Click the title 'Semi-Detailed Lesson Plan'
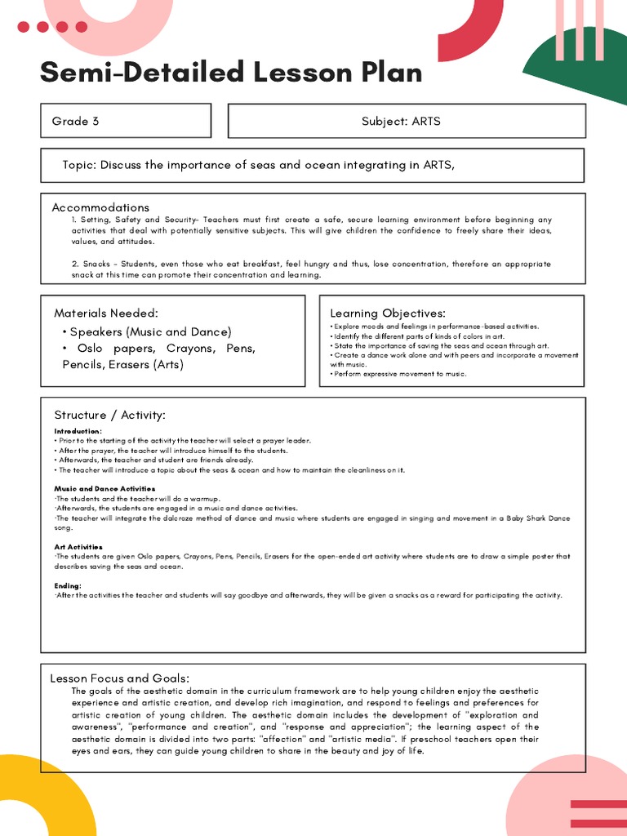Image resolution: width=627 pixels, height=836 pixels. pos(231,73)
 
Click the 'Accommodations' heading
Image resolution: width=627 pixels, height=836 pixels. pos(100,207)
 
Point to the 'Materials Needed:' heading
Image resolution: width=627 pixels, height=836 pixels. pos(106,313)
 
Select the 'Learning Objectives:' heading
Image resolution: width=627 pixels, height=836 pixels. pos(387,313)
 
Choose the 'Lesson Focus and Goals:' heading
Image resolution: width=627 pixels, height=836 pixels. pos(120,678)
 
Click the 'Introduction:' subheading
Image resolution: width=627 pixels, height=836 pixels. pos(78,431)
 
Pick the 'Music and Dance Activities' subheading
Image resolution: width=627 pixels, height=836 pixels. pos(104,488)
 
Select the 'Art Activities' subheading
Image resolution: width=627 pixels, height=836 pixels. pos(78,547)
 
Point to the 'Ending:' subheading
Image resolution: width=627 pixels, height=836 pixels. pos(68,585)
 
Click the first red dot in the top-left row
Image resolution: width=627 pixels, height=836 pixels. pos(23,27)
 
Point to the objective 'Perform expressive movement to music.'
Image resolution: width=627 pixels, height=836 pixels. pos(398,374)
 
